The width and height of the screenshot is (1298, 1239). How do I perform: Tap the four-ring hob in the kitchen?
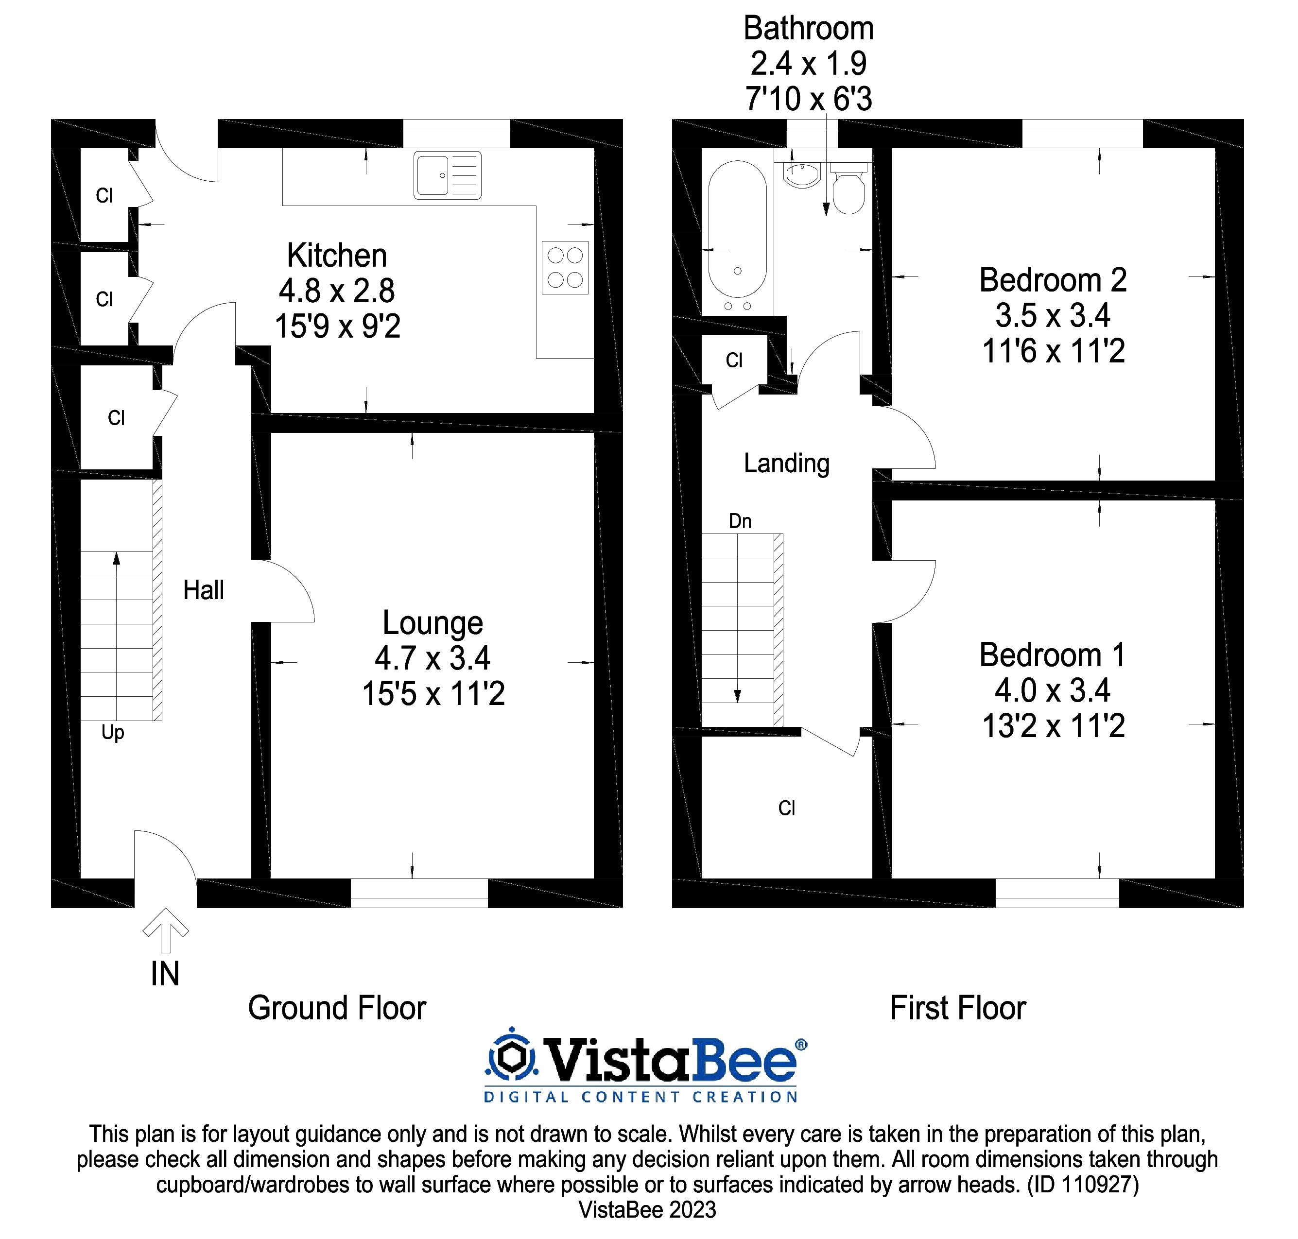[565, 268]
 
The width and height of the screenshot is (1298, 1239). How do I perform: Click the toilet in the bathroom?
[848, 189]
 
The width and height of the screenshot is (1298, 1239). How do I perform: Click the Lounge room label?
[433, 623]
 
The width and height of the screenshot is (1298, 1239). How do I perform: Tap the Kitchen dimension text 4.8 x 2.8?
[337, 291]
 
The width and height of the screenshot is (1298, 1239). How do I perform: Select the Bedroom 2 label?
[1052, 280]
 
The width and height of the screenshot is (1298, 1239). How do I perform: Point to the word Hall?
[204, 590]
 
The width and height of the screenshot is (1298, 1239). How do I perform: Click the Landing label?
[786, 463]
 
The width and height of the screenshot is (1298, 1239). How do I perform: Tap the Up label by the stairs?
[113, 732]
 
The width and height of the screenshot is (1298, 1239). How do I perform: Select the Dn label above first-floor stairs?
[740, 521]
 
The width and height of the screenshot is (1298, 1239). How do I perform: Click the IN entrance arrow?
[166, 930]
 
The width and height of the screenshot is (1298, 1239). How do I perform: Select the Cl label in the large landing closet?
[786, 809]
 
